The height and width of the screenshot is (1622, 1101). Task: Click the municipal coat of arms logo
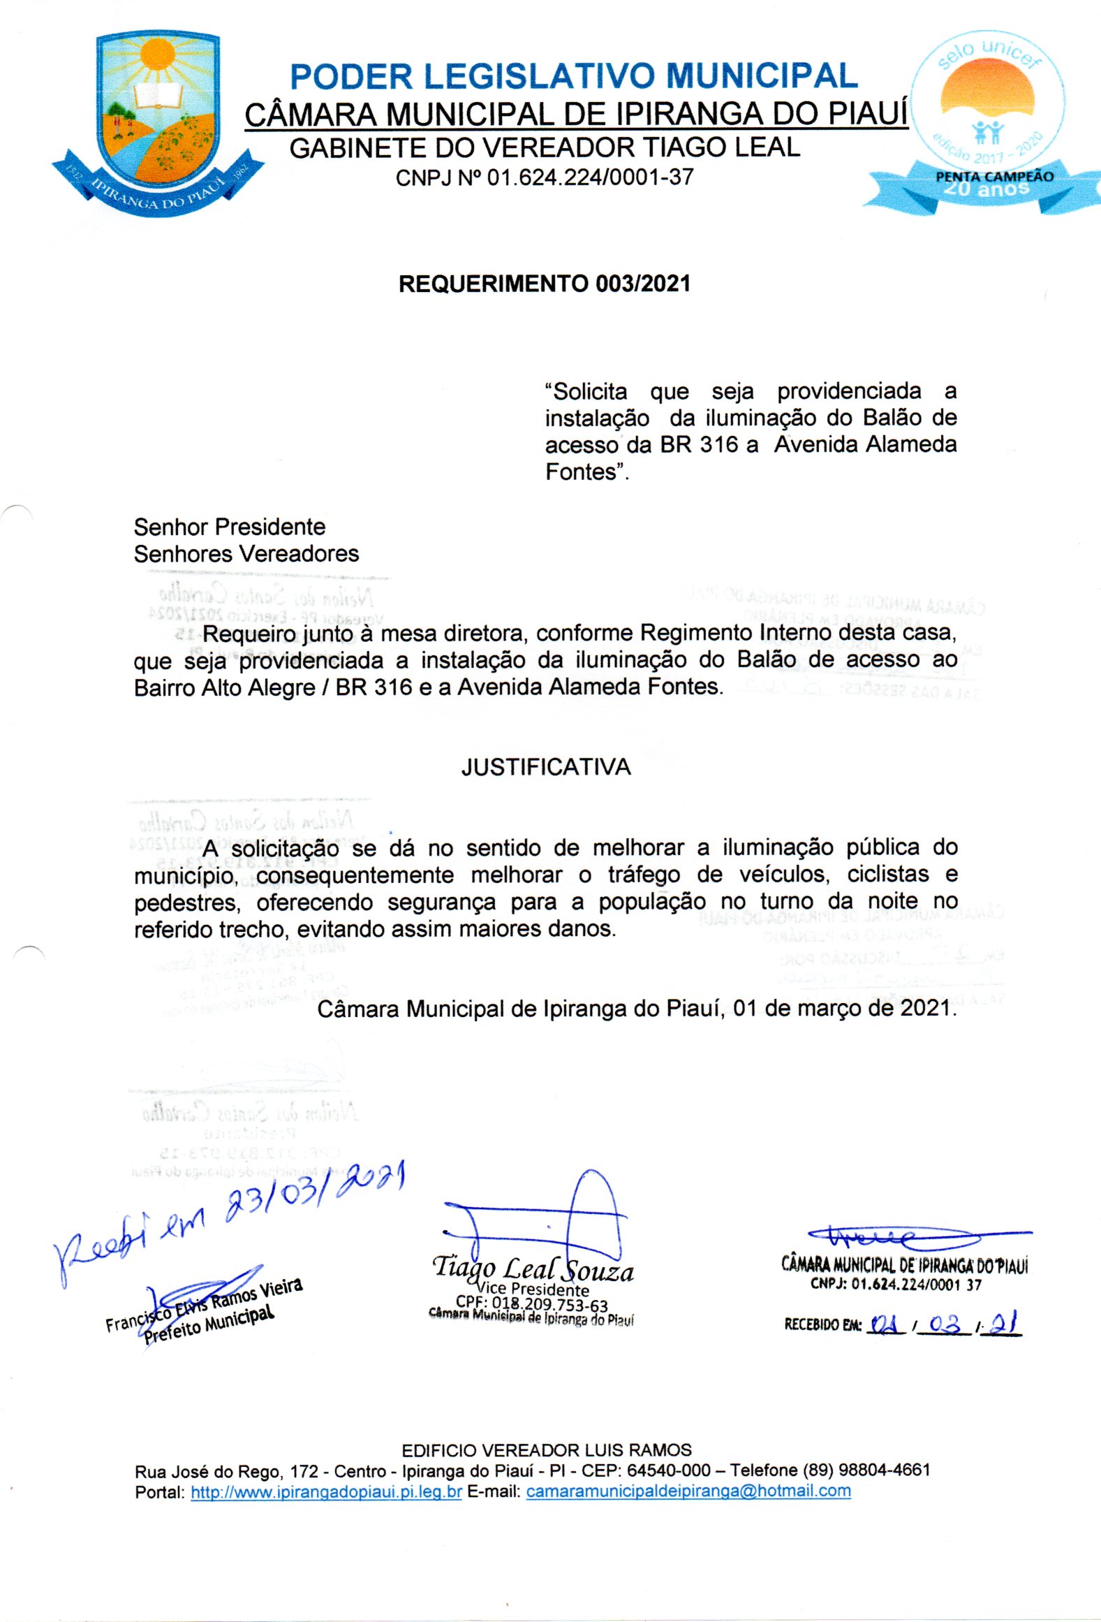pyautogui.click(x=157, y=122)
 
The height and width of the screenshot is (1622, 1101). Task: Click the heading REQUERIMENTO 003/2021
pyautogui.click(x=545, y=284)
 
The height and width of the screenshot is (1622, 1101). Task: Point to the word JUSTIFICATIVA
pyautogui.click(x=546, y=767)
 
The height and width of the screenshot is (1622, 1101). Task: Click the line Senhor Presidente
pyautogui.click(x=230, y=527)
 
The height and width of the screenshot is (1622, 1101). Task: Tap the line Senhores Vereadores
pyautogui.click(x=246, y=554)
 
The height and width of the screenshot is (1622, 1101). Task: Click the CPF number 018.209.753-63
pyautogui.click(x=549, y=1303)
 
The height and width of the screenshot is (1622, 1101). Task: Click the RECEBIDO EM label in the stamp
pyautogui.click(x=823, y=1324)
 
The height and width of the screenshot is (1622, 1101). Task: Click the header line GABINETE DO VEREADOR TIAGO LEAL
pyautogui.click(x=545, y=148)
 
